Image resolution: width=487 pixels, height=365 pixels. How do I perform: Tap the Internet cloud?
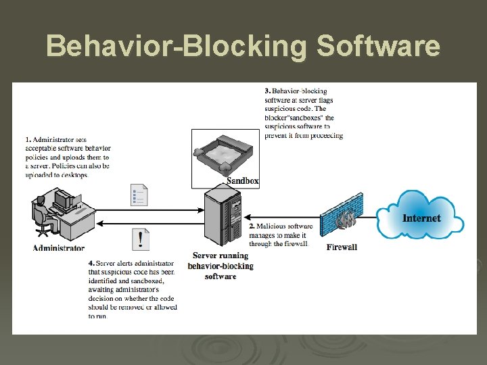coord(420,216)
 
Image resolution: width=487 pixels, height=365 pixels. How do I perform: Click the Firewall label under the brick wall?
coord(342,247)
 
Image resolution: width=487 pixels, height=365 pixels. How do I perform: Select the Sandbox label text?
coord(242,180)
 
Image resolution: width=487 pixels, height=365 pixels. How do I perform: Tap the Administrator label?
coord(59,248)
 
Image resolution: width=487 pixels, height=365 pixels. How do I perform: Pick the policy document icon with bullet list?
coord(139,195)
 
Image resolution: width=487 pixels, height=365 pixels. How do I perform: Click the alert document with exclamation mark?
coord(140,239)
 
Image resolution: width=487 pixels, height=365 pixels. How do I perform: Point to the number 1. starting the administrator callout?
coord(28,140)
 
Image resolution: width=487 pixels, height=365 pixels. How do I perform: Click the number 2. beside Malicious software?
coord(252,226)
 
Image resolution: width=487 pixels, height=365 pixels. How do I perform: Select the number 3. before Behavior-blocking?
coord(268,91)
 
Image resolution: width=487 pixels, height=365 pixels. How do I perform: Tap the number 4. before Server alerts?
coord(91,263)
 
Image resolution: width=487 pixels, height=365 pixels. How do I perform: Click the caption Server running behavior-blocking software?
coord(221,266)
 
